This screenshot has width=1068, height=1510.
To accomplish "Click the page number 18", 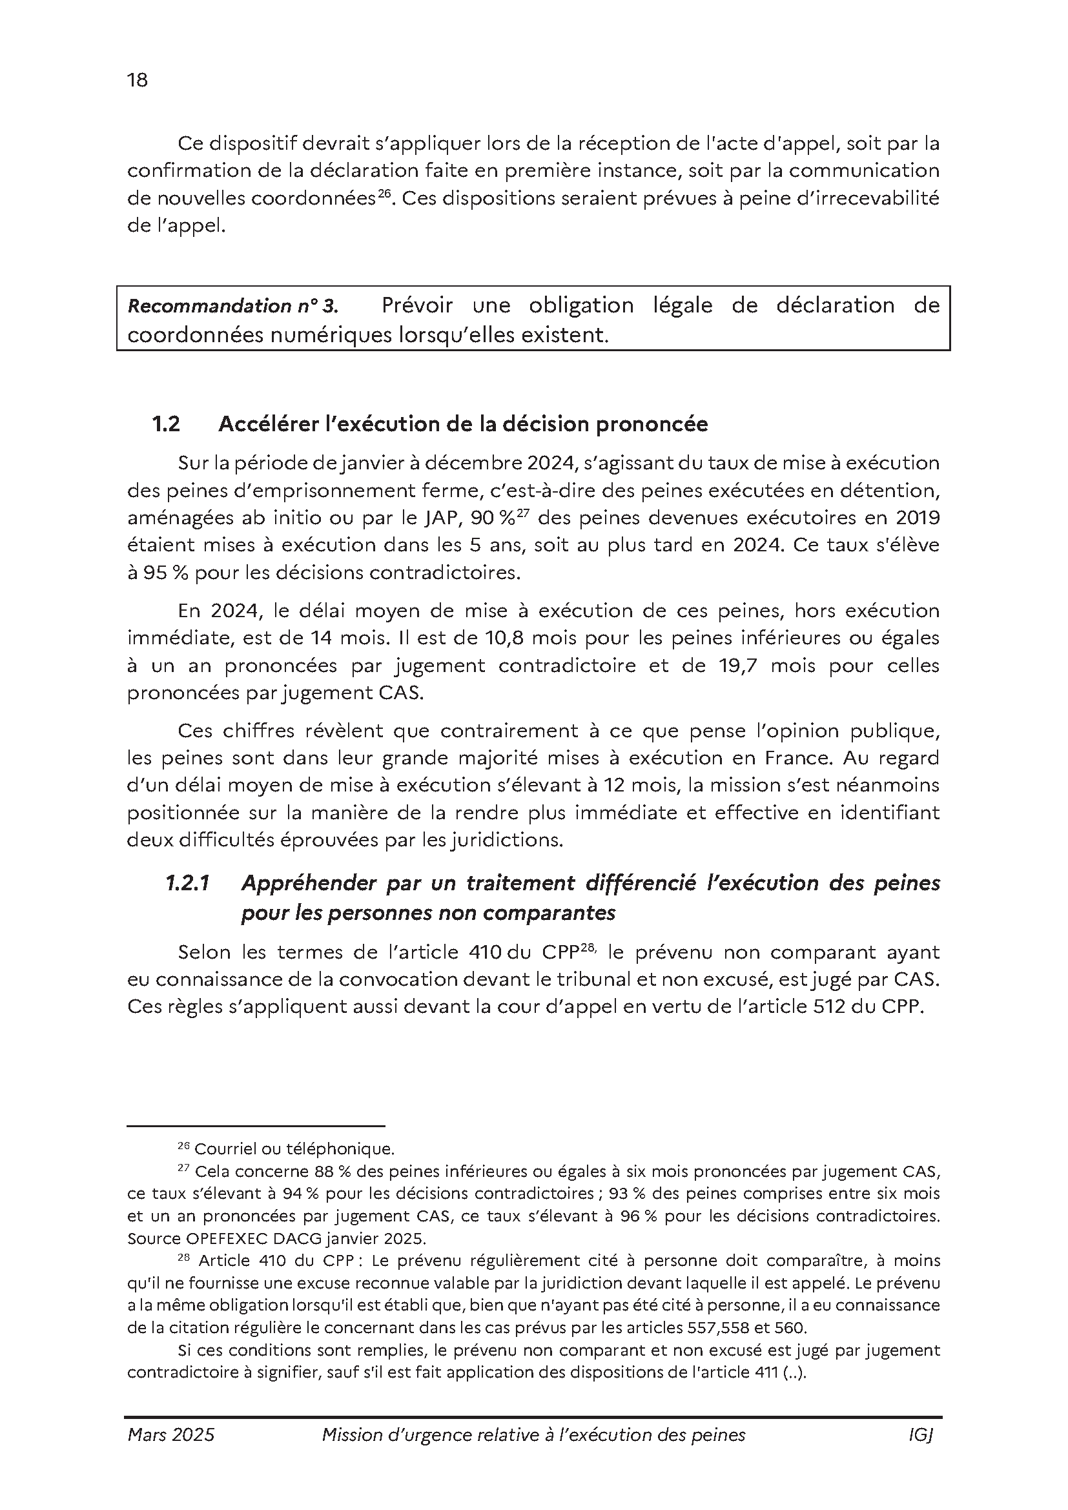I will pyautogui.click(x=138, y=80).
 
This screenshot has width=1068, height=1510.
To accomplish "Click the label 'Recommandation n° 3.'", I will pyautogui.click(x=233, y=307).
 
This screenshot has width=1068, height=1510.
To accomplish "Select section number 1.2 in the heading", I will pyautogui.click(x=166, y=425).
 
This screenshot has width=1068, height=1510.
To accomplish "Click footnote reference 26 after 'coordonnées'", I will pyautogui.click(x=385, y=194).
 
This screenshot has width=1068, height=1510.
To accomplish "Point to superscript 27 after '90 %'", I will pyautogui.click(x=522, y=513).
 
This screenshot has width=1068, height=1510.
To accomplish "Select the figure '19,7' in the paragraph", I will pyautogui.click(x=736, y=666).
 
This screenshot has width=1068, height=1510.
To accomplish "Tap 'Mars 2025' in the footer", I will pyautogui.click(x=171, y=1435).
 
